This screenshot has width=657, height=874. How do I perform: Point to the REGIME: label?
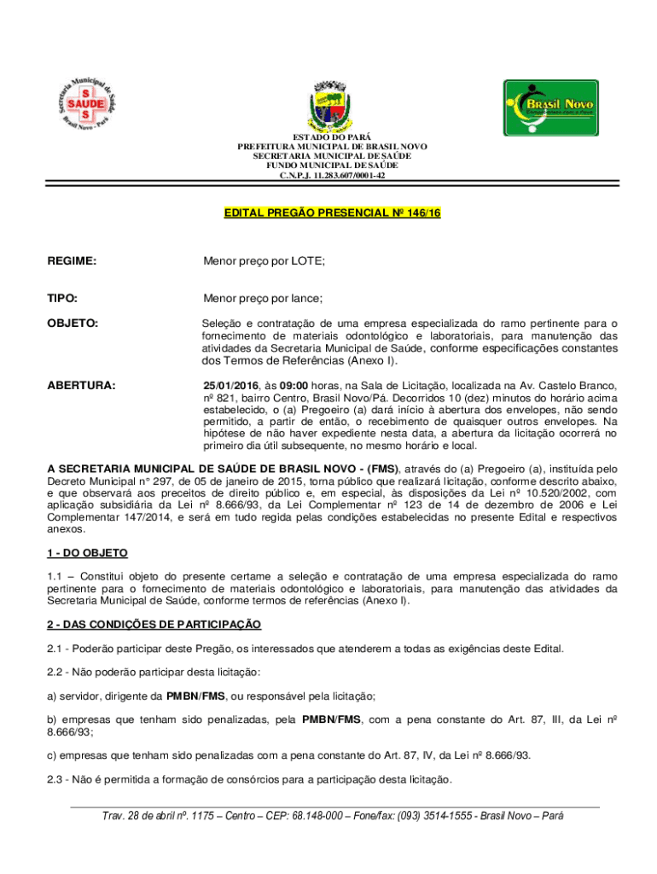[x=72, y=260]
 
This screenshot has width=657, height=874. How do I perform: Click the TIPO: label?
[x=62, y=298]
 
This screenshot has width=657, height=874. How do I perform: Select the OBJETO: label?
[x=73, y=323]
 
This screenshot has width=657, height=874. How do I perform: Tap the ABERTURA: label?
[x=81, y=386]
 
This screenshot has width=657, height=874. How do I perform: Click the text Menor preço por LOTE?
[x=264, y=260]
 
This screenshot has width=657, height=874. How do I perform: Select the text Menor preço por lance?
[x=263, y=298]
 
